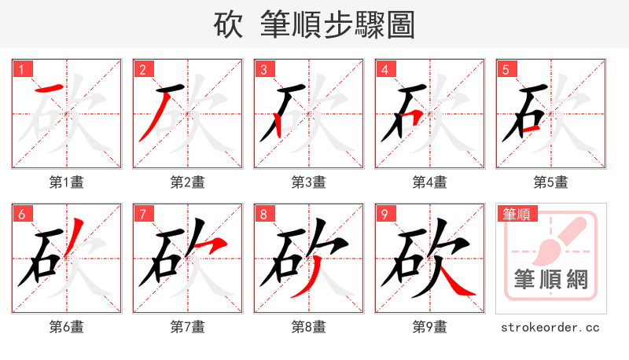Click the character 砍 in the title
tap(229, 25)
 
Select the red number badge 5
tap(506, 70)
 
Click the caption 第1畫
tap(67, 182)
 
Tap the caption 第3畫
tap(309, 182)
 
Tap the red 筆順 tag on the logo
tap(516, 214)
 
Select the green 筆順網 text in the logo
tap(551, 278)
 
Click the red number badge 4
tap(384, 70)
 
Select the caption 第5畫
tap(551, 182)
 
